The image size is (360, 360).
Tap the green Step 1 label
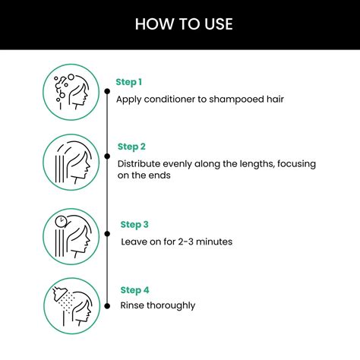pyautogui.click(x=129, y=81)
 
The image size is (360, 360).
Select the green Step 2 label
pyautogui.click(x=131, y=147)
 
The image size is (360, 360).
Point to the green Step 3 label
pyautogui.click(x=134, y=225)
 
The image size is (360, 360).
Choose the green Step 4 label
pyautogui.click(x=134, y=289)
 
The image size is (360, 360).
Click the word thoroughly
pyautogui.click(x=172, y=306)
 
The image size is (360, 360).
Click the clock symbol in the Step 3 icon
pyautogui.click(x=61, y=221)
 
